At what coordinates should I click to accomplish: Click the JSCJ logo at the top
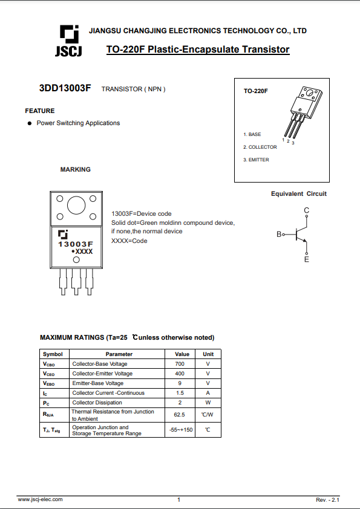[68, 41]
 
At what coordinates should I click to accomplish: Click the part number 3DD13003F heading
[65, 88]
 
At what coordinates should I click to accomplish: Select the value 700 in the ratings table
[180, 364]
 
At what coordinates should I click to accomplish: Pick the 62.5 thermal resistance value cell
[180, 415]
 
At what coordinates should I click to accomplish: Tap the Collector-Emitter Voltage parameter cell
[102, 374]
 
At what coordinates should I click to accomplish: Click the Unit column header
[208, 354]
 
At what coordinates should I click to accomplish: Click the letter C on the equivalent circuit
[307, 210]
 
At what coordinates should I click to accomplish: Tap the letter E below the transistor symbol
[307, 259]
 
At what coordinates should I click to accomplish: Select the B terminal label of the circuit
[279, 234]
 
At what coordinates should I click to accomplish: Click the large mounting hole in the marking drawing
[76, 206]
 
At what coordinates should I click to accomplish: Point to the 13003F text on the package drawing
[76, 244]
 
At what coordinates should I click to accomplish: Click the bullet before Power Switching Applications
[28, 123]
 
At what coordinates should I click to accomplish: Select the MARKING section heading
[76, 170]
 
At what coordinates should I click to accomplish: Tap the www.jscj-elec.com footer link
[40, 499]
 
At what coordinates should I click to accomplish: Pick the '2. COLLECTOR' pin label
[260, 147]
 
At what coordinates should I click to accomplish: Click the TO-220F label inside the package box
[256, 91]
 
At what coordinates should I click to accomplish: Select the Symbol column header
[53, 354]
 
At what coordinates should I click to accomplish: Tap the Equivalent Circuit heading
[299, 194]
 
